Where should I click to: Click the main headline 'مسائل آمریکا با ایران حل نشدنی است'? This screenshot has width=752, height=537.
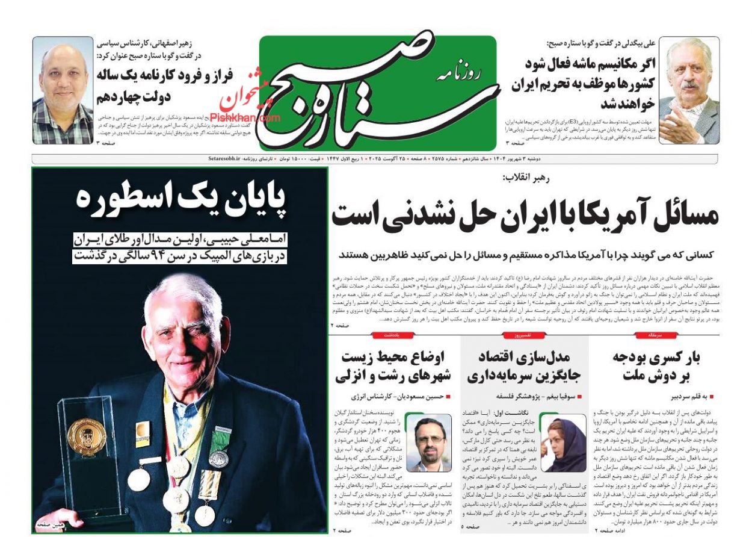point(525,215)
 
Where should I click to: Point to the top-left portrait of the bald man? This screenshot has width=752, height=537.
point(63,90)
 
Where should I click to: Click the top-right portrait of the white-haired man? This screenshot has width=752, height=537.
point(688,91)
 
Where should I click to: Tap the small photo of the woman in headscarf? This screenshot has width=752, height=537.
point(563,442)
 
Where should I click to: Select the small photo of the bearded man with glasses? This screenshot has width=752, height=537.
point(428,442)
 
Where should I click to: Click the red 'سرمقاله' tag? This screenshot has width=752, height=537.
point(655,335)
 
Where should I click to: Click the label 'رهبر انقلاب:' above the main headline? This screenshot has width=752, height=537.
point(526,178)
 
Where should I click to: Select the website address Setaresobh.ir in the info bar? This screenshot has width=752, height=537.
point(221,158)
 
